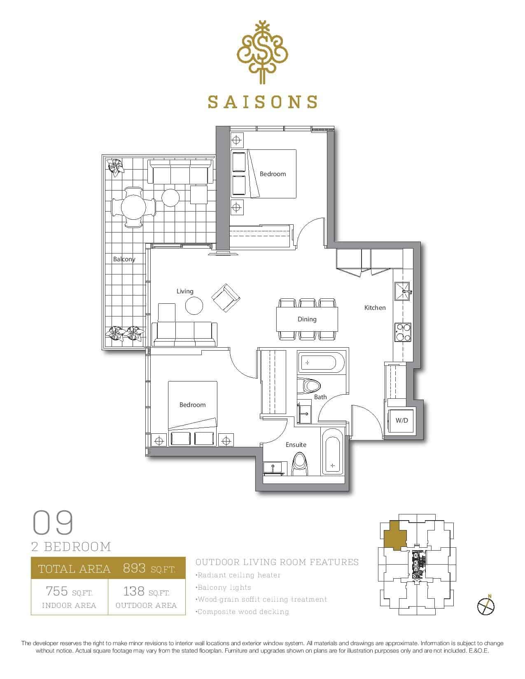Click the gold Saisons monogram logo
pos(262,52)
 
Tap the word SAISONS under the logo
pos(262,102)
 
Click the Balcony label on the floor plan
pos(124,259)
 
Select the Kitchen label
pos(375,307)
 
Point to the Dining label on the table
pos(307,319)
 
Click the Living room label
pos(185,291)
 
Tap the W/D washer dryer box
pos(402,420)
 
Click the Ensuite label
pos(296,445)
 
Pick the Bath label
pos(320,397)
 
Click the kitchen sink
pos(403,291)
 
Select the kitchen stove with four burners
pos(403,332)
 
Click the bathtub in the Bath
pos(321,363)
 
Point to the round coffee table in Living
pos(194,305)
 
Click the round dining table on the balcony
pos(133,207)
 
